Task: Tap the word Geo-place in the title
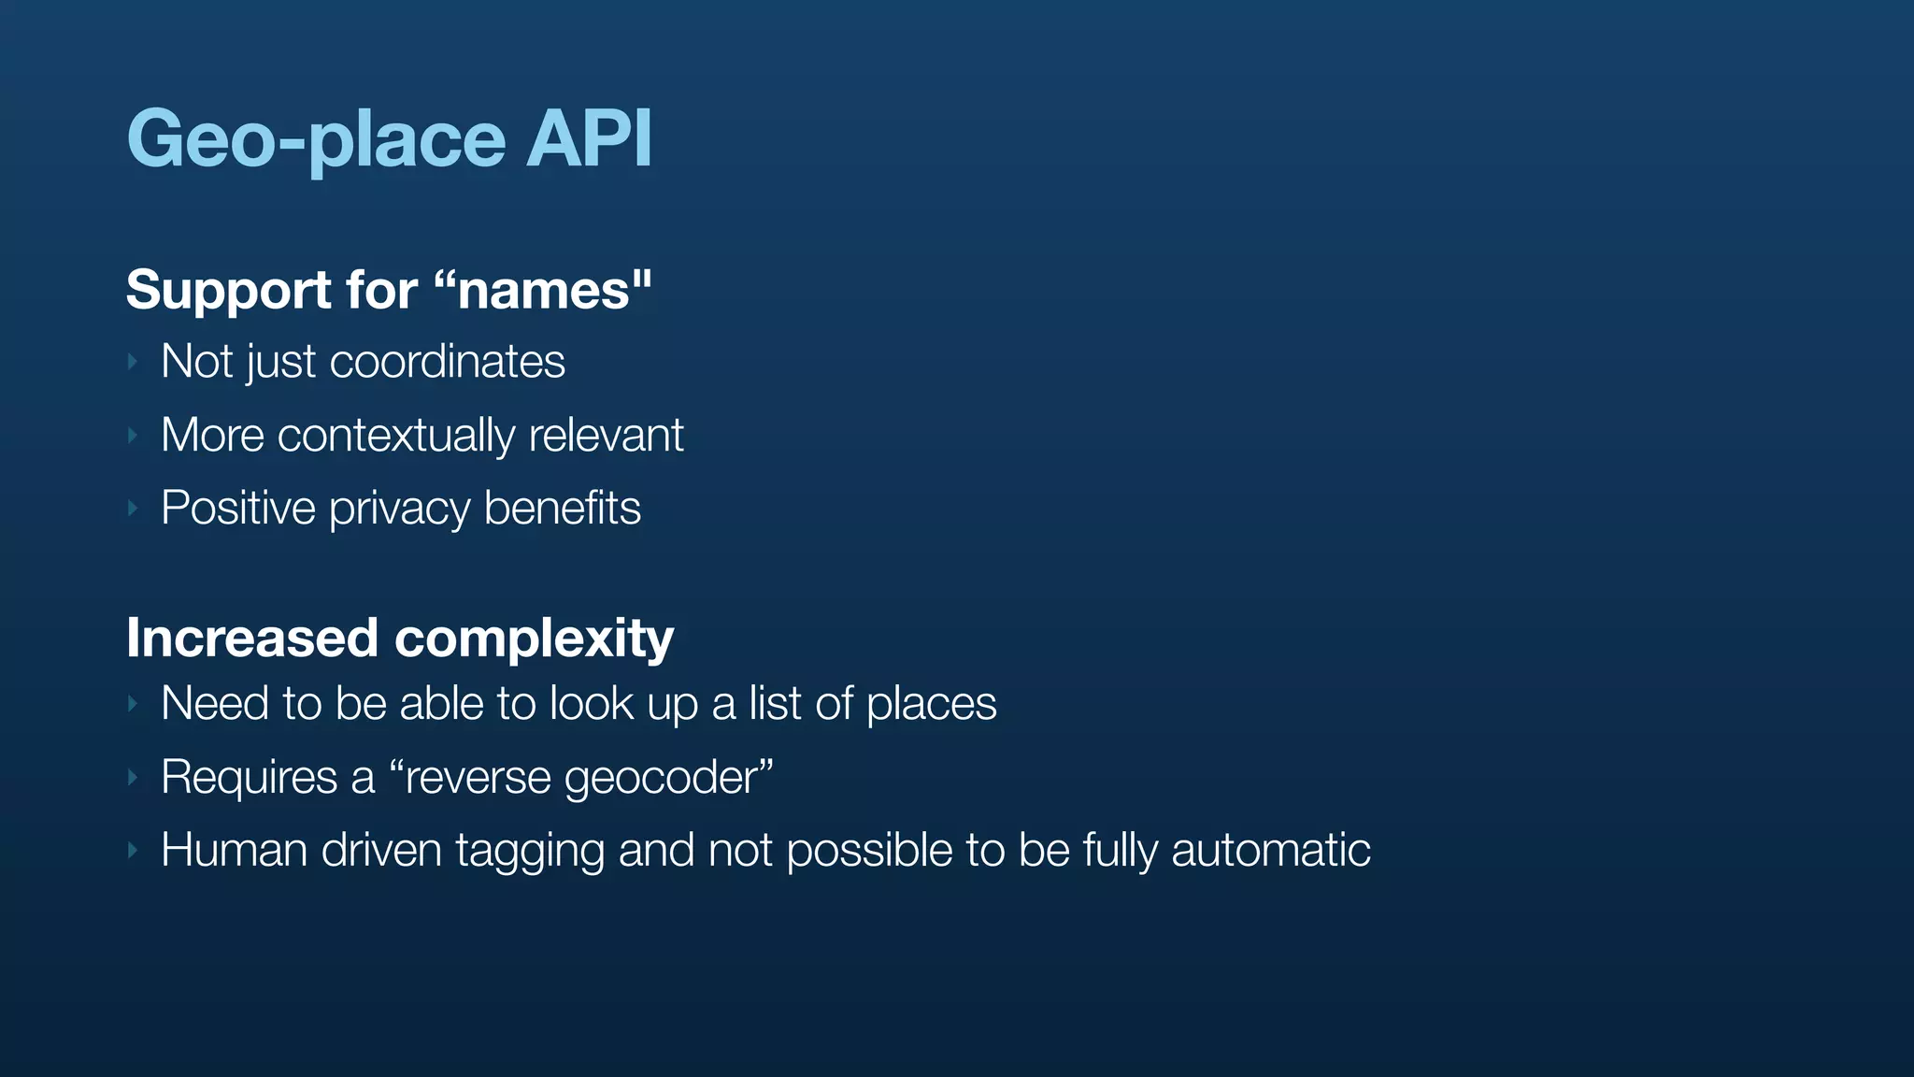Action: [x=316, y=140]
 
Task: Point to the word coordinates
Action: [x=448, y=362]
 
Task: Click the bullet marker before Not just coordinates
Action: [x=133, y=362]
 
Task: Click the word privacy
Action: [x=399, y=510]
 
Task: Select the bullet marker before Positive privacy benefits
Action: [x=133, y=509]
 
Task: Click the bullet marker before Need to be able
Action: [x=133, y=704]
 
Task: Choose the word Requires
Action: [x=250, y=778]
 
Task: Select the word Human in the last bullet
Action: [x=235, y=850]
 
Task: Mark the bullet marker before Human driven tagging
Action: [x=133, y=850]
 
